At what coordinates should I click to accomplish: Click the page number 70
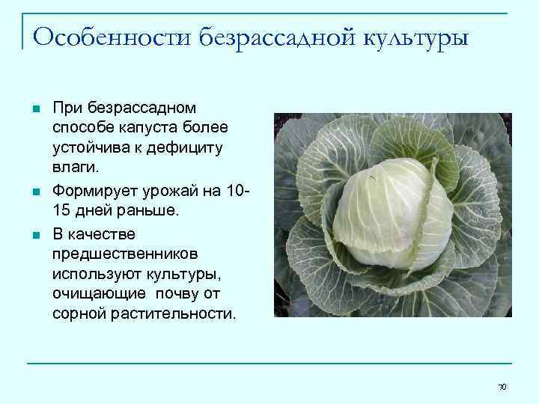tap(502, 386)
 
